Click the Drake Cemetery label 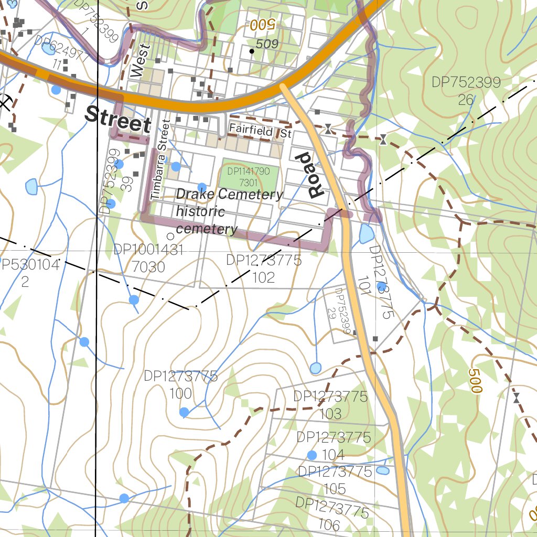coord(229,195)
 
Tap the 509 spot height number coord(267,45)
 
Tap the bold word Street coord(118,119)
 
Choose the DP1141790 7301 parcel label coord(249,177)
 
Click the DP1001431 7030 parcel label coord(148,259)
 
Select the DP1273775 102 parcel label coord(263,268)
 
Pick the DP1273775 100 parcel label coord(180,384)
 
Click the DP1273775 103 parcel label coord(330,405)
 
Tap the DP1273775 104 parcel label coord(334,445)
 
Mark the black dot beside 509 coord(252,51)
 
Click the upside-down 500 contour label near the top coord(262,24)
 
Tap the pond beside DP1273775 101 coord(367,233)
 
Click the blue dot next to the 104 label coord(312,455)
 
